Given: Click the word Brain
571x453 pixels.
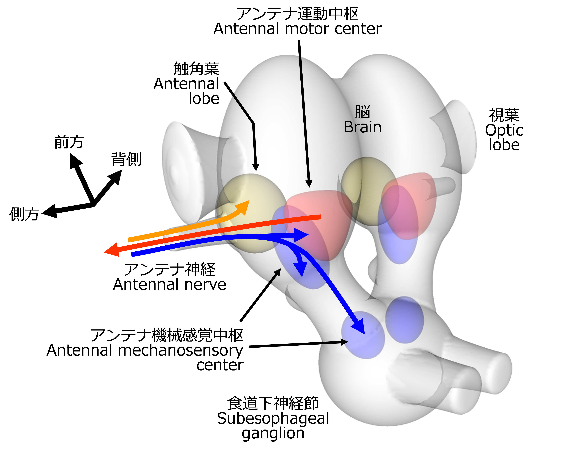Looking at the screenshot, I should point(363,127).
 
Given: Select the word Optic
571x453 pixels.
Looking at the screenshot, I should point(504,130).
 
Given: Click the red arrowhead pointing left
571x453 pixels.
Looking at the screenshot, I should point(111,251).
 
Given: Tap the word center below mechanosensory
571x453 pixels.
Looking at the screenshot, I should point(220,365).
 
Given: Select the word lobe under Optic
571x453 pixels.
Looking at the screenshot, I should point(504,145).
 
